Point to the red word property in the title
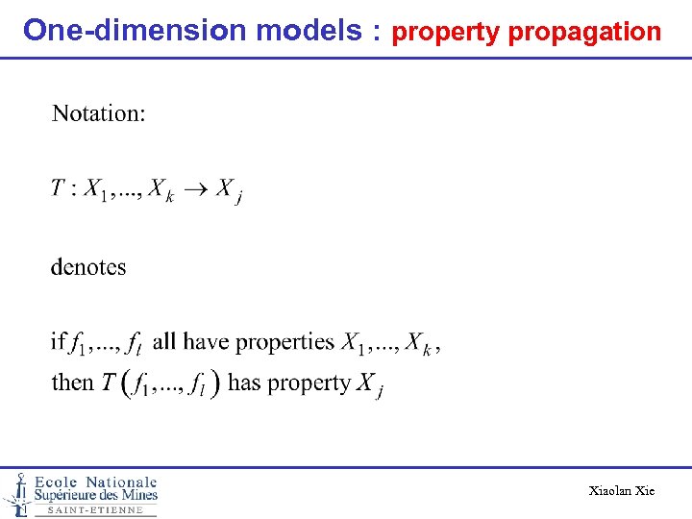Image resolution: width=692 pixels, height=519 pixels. click(446, 33)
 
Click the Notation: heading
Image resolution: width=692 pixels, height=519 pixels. click(99, 113)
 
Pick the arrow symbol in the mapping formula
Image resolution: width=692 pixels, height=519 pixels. click(195, 189)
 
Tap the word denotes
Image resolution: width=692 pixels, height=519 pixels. click(88, 266)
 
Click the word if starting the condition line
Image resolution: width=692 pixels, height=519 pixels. click(58, 340)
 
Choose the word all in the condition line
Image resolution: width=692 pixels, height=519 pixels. click(165, 340)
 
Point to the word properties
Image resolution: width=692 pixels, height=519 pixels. click(284, 341)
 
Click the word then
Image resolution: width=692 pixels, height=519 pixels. click(73, 383)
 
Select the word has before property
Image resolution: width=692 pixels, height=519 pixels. click(245, 383)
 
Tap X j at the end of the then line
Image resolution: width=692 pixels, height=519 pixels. click(370, 384)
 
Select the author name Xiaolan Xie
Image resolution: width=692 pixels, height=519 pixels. click(622, 491)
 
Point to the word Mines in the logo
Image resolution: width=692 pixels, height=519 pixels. click(136, 495)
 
